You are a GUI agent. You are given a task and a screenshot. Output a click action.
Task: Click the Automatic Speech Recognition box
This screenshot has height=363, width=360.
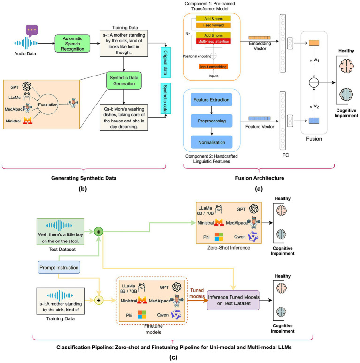point(72,44)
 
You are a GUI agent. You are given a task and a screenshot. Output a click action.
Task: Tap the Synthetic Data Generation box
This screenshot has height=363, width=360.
point(124,81)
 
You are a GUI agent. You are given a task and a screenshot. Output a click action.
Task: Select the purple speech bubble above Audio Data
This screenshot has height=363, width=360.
point(32,30)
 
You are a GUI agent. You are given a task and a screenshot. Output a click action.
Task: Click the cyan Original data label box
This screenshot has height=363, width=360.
point(166,62)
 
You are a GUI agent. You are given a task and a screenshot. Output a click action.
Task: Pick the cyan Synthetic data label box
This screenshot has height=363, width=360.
point(166,98)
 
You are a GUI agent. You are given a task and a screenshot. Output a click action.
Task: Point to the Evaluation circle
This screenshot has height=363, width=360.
point(48,105)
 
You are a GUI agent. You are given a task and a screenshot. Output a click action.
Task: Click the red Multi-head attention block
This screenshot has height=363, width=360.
point(214,41)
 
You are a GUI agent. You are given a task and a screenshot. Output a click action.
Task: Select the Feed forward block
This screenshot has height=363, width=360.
point(214,25)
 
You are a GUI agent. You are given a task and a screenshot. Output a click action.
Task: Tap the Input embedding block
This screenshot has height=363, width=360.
point(213,67)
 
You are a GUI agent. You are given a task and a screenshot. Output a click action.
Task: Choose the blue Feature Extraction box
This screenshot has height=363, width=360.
point(212,100)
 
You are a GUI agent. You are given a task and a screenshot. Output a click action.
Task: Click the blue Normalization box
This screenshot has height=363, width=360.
point(212,142)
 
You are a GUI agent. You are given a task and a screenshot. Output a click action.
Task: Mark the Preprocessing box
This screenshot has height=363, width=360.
point(212,121)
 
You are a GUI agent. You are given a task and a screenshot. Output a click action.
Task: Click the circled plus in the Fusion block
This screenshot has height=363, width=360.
point(314,83)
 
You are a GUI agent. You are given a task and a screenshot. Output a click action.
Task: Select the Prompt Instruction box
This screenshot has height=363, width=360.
point(59,267)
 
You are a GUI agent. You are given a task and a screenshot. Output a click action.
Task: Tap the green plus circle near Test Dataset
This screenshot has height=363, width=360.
point(99,232)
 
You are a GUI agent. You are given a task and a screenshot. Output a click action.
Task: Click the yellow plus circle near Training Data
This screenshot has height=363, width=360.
point(99,300)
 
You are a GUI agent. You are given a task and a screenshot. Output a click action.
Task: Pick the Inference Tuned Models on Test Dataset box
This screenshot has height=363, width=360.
point(233,300)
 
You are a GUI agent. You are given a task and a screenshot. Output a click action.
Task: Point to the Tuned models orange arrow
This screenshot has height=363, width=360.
point(198,300)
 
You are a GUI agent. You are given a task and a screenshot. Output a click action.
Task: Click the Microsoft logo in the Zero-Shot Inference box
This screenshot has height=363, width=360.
point(219,236)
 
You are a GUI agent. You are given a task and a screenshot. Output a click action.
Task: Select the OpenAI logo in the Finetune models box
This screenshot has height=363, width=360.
point(176,287)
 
